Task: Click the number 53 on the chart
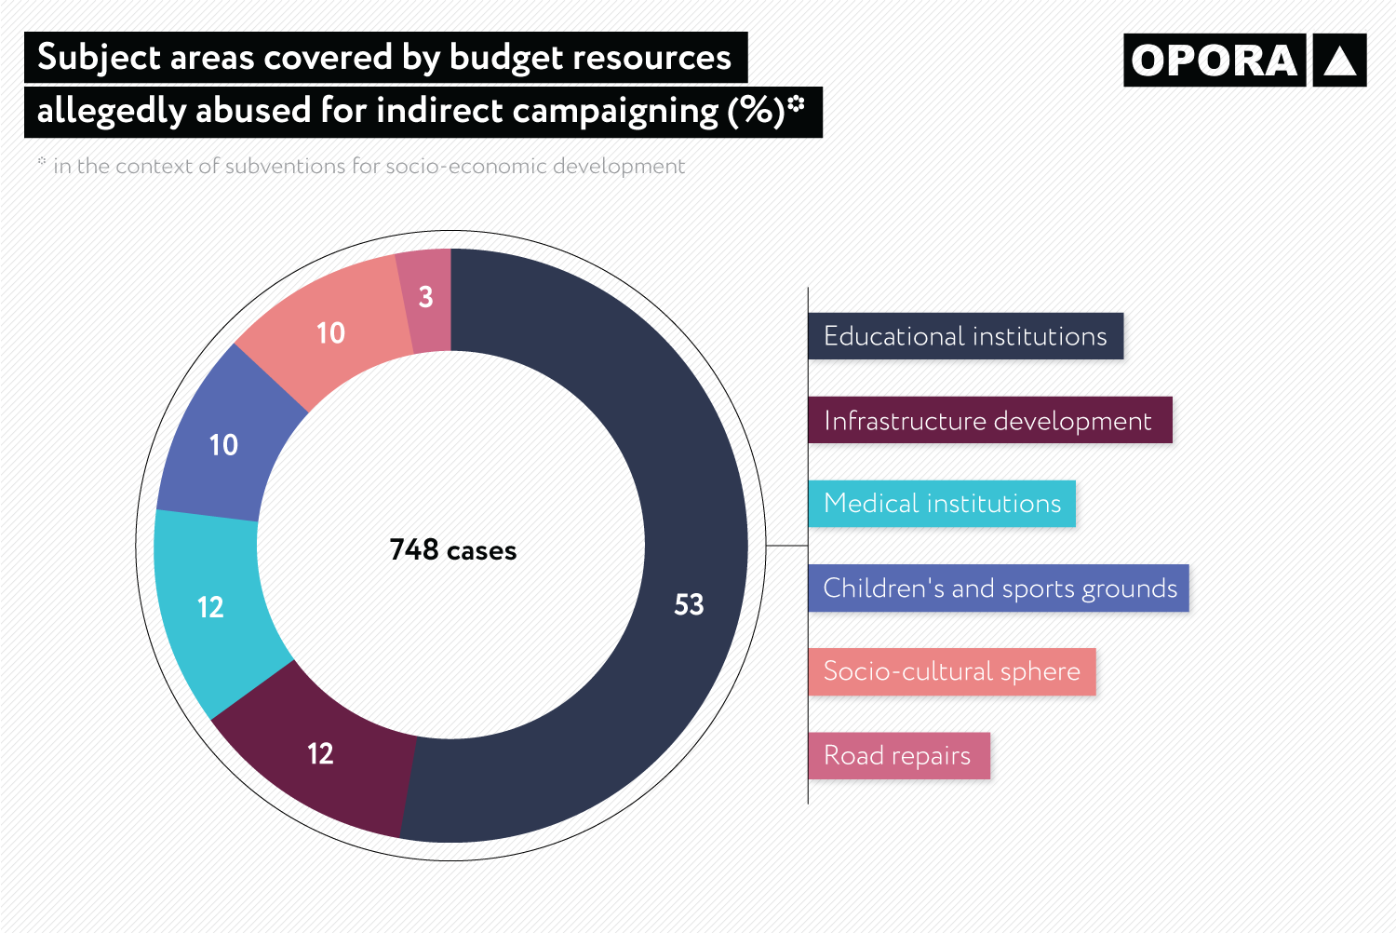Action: click(x=689, y=604)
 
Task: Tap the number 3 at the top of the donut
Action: click(x=425, y=297)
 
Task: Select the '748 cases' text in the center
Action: click(x=452, y=550)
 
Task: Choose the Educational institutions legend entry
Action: click(x=965, y=336)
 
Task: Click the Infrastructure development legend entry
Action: click(x=988, y=421)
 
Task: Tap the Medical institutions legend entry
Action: click(x=942, y=504)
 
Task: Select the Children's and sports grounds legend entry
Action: click(x=1000, y=588)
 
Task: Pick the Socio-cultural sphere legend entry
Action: click(x=951, y=671)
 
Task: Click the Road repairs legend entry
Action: click(x=897, y=755)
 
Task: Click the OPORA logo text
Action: click(x=1214, y=61)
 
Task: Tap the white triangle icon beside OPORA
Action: click(x=1339, y=61)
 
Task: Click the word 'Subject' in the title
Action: click(x=100, y=58)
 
